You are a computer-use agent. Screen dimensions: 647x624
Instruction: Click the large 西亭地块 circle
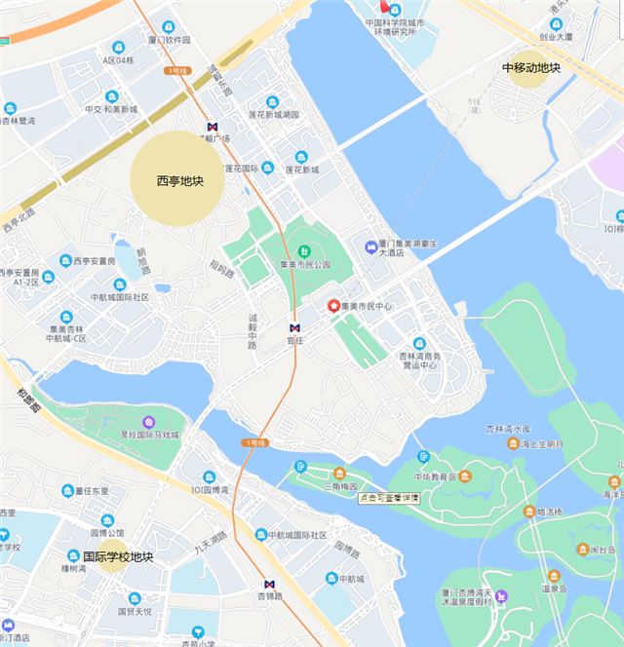pyautogui.click(x=180, y=179)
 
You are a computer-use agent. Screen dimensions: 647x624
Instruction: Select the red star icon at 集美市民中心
pyautogui.click(x=332, y=306)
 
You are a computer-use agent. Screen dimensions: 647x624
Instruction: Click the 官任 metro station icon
pyautogui.click(x=295, y=327)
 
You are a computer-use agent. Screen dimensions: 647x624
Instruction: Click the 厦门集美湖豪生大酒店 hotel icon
pyautogui.click(x=371, y=247)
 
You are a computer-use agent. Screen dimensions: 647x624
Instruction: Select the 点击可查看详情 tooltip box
pyautogui.click(x=389, y=498)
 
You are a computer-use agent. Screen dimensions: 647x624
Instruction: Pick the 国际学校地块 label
pyautogui.click(x=118, y=557)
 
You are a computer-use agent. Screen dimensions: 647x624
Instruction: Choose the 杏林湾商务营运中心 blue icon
pyautogui.click(x=419, y=343)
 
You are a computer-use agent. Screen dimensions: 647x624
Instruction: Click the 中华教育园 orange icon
pyautogui.click(x=465, y=476)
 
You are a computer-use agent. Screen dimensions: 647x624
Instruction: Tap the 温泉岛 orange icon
pyautogui.click(x=554, y=576)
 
